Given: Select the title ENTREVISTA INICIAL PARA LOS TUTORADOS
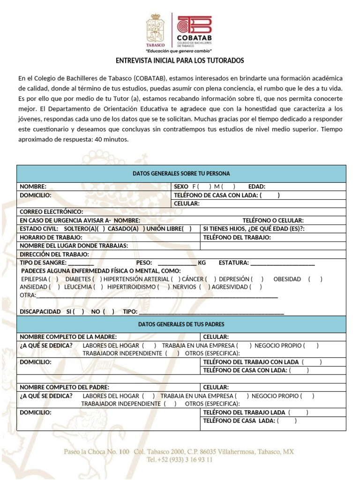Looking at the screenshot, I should [x=180, y=61].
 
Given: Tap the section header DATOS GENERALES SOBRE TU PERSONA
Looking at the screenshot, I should [x=181, y=173].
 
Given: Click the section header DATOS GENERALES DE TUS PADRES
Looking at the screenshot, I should [x=181, y=324].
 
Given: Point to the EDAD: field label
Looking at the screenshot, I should [x=257, y=187].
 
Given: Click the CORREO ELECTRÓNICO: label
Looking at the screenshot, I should [x=52, y=212].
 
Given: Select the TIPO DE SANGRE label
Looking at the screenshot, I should [x=43, y=262].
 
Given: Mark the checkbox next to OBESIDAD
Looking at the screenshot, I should [x=315, y=279].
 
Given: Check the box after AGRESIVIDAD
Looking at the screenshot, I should [x=256, y=287].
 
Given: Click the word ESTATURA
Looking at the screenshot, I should [x=233, y=262].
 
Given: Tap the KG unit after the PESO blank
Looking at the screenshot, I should [x=202, y=262].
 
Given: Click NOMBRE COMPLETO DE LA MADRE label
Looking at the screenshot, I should [x=68, y=337].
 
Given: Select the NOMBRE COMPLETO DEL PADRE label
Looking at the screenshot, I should [x=65, y=387].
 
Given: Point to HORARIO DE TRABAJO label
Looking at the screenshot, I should [x=51, y=238].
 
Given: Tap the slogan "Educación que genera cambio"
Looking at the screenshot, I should [x=179, y=51].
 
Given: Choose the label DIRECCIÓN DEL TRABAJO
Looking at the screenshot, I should [x=54, y=255].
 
